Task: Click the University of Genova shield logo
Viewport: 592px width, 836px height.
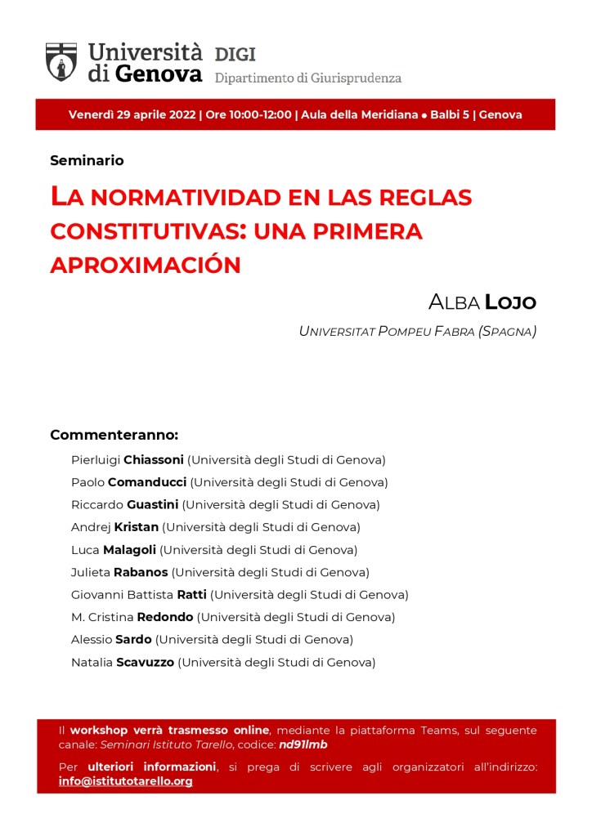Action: click(61, 61)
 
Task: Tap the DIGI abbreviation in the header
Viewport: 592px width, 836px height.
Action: click(235, 55)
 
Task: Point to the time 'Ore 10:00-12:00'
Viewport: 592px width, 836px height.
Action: click(249, 114)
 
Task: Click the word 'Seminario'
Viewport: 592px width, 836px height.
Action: click(87, 160)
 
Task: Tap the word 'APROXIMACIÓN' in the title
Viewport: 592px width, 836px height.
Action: click(146, 266)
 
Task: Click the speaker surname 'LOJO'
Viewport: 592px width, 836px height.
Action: click(510, 302)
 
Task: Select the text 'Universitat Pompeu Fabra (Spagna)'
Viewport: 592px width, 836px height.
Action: click(417, 332)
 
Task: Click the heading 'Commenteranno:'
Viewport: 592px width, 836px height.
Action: click(114, 435)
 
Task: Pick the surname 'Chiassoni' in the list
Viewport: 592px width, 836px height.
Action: click(153, 460)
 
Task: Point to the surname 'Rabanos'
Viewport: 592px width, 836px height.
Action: click(141, 572)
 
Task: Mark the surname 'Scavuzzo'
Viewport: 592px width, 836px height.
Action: click(145, 662)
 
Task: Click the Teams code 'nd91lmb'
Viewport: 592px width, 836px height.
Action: click(303, 744)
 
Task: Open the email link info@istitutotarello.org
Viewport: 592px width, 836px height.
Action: click(126, 781)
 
